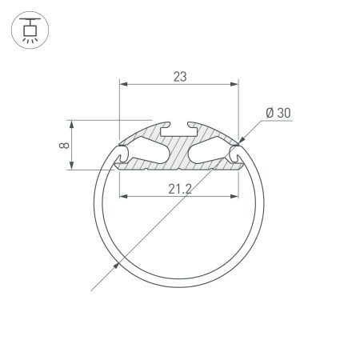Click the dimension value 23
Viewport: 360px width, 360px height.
[179, 77]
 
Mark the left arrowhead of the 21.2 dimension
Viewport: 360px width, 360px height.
[122, 197]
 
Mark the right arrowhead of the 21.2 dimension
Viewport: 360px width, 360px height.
[237, 197]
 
